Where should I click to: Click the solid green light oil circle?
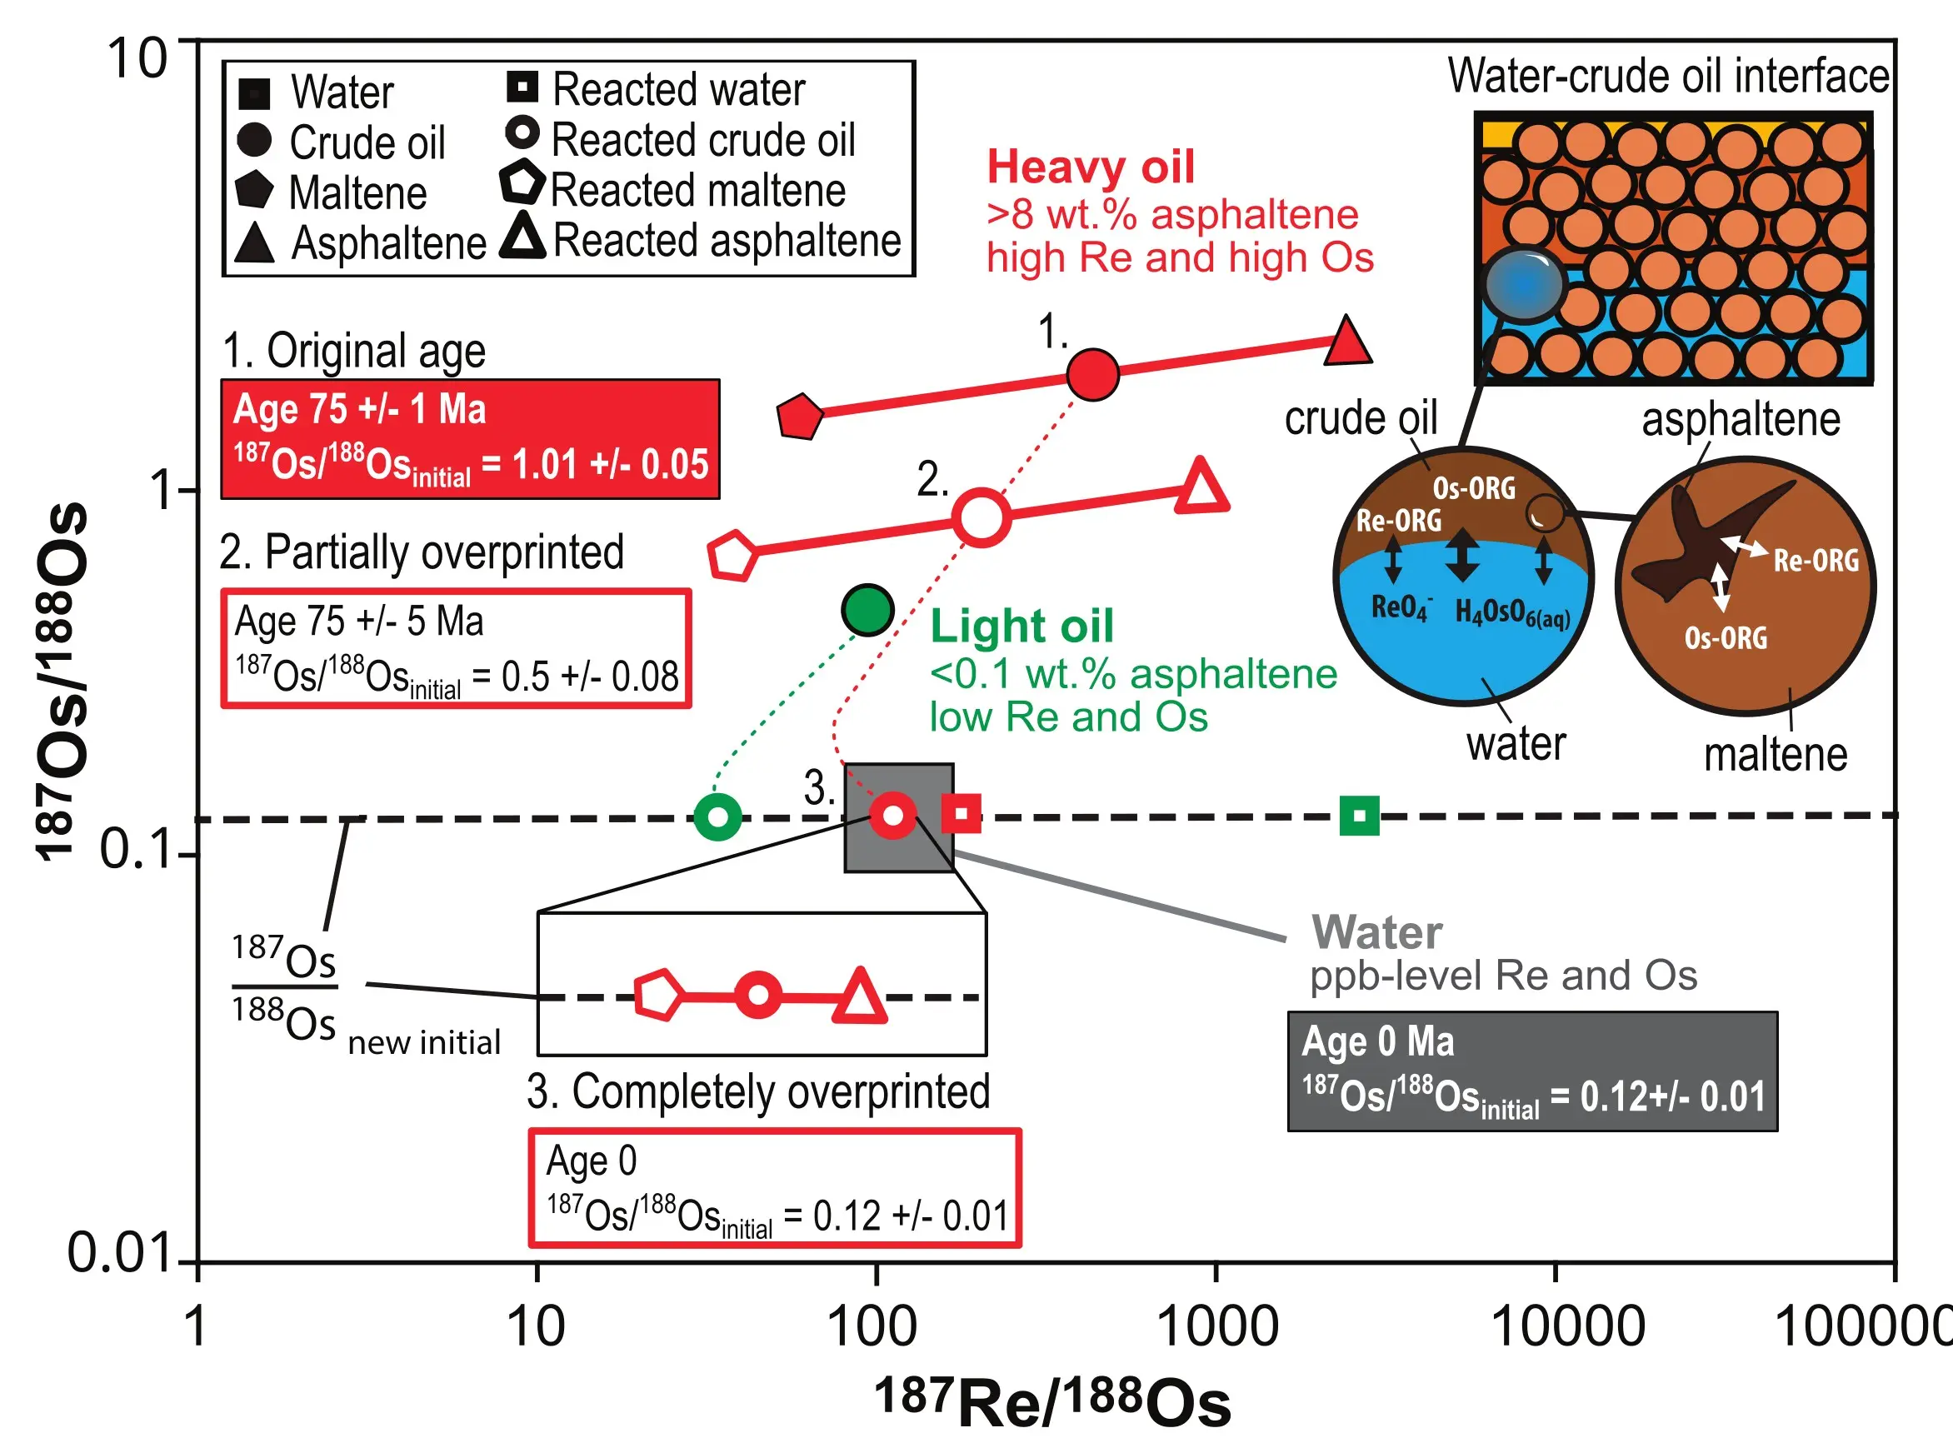867,610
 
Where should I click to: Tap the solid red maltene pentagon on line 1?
799,417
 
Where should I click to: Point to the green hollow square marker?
1359,816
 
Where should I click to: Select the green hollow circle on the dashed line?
718,817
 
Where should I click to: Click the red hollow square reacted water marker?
961,814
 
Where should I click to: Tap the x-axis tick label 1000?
1216,1327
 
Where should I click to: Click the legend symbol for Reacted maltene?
522,182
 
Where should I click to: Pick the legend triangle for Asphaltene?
254,244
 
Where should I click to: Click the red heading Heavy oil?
1090,167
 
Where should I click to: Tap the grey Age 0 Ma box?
1532,1071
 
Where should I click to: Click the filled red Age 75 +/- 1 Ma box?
470,439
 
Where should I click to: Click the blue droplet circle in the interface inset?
1523,285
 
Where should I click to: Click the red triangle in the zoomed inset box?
861,996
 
